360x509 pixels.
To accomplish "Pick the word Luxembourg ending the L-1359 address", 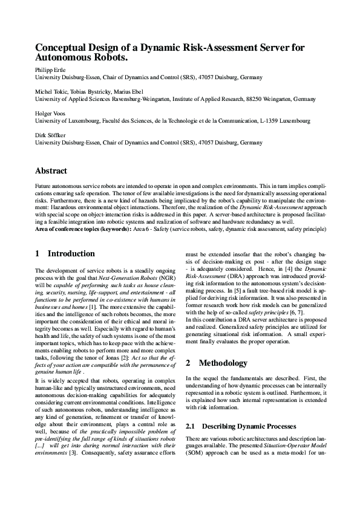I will [x=295, y=120].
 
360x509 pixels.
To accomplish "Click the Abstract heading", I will [x=51, y=171].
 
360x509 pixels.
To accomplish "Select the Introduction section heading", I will [x=71, y=253].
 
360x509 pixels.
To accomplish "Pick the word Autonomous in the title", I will [x=62, y=59].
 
